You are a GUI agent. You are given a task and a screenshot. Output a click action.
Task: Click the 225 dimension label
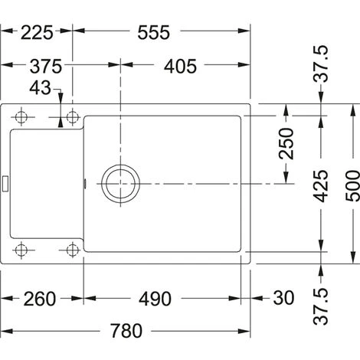[37, 33]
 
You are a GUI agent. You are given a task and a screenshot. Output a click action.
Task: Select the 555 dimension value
[153, 33]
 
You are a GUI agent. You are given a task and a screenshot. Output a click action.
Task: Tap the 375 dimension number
[46, 67]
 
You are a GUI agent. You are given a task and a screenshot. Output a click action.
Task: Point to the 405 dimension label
[180, 67]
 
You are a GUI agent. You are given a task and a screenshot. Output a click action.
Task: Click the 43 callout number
[40, 88]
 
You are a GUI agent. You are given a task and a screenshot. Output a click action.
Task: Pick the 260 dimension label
[40, 299]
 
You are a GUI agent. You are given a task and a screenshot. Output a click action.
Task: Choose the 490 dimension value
[155, 299]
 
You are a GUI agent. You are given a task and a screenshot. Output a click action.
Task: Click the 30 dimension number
[283, 298]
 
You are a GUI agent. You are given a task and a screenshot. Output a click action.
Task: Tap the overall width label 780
[126, 331]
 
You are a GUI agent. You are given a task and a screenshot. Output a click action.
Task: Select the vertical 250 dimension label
[286, 144]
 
